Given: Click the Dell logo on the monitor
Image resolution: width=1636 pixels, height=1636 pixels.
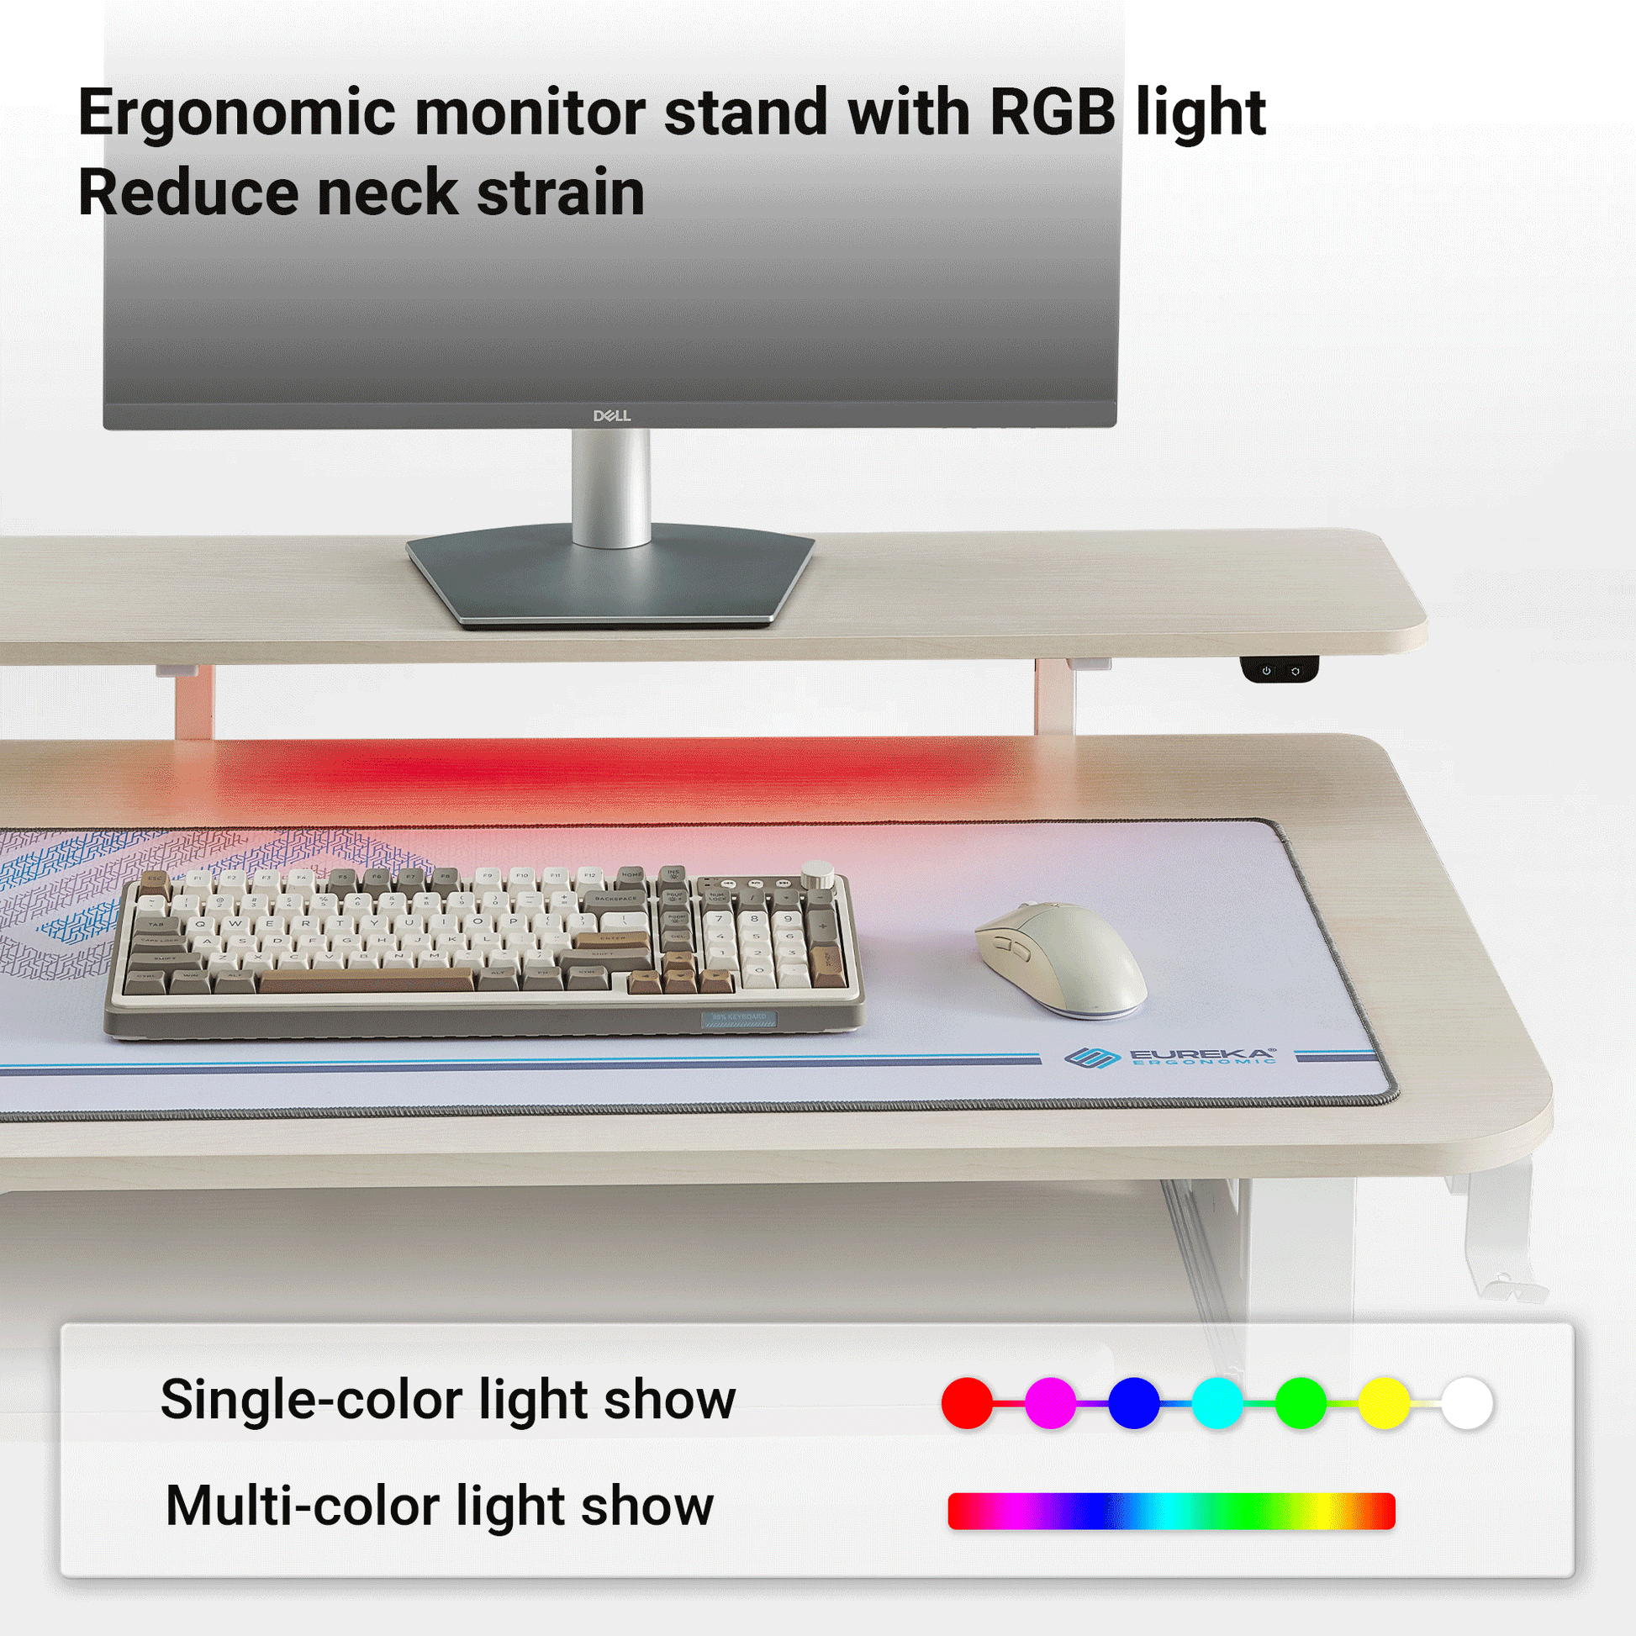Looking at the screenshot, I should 611,416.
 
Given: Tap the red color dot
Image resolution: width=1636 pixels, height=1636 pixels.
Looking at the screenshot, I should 967,1403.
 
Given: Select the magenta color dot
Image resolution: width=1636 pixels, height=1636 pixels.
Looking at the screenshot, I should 1050,1403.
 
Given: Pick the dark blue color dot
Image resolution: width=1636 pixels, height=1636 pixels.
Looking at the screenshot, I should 1134,1403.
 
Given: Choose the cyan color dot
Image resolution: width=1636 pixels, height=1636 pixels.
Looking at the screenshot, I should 1216,1403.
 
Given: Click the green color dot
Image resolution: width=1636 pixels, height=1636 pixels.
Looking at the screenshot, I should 1301,1403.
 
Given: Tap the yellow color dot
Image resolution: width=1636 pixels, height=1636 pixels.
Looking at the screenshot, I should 1384,1403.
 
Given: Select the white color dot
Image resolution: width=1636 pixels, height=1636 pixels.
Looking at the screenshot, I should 1468,1403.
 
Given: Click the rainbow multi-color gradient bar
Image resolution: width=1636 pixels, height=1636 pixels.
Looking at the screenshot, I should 1171,1512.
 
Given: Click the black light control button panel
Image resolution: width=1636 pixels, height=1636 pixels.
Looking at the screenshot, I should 1280,670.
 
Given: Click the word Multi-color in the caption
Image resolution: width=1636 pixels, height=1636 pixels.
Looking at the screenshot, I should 303,1507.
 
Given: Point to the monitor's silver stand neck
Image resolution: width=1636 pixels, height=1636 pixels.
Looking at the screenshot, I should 611,487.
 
